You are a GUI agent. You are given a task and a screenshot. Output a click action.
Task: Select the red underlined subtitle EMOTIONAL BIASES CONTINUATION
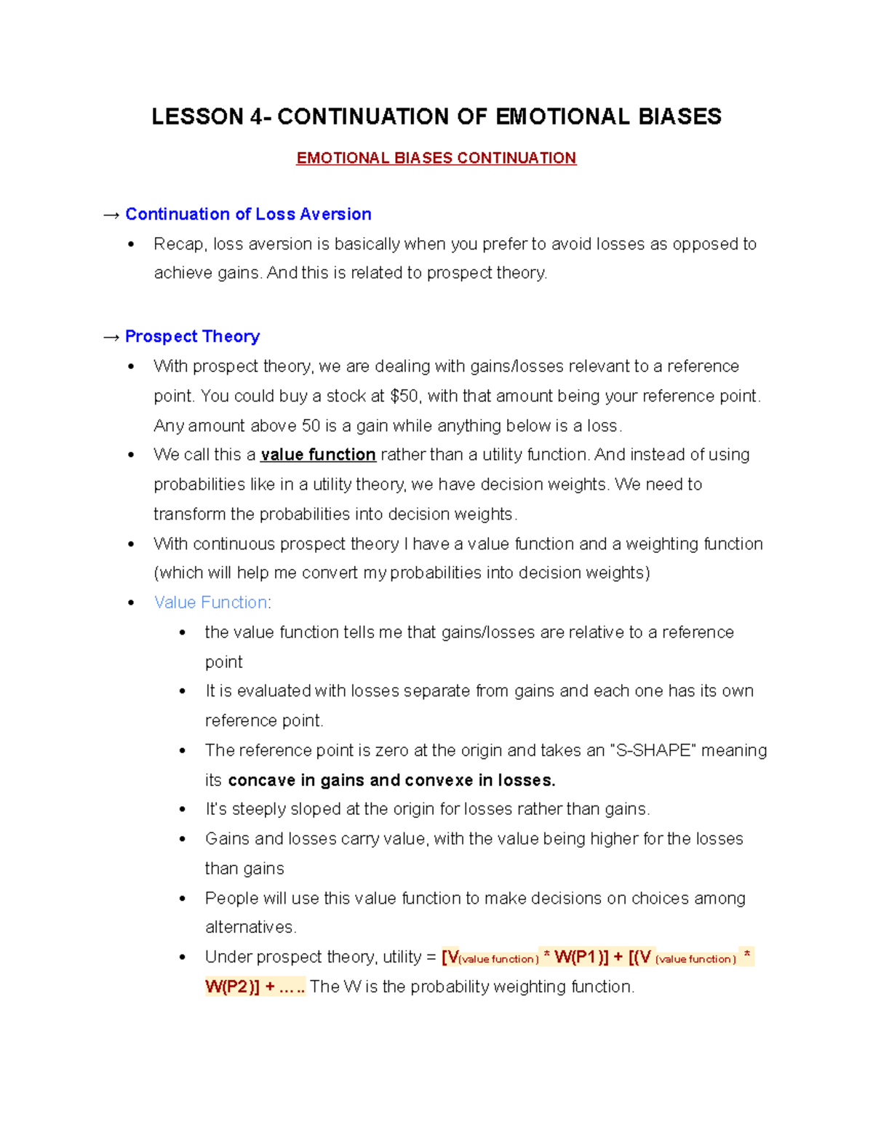tap(436, 159)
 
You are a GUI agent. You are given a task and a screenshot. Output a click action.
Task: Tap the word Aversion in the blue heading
tap(335, 214)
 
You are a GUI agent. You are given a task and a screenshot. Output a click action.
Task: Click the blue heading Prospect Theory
tap(192, 336)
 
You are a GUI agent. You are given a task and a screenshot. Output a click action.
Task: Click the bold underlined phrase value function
tap(318, 455)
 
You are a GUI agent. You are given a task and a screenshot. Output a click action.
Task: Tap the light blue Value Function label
tap(211, 602)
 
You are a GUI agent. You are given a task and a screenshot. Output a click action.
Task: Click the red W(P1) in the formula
tap(581, 958)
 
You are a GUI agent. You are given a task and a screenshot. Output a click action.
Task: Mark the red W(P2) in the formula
tap(231, 987)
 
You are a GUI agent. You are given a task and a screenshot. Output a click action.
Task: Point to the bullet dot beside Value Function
tap(131, 603)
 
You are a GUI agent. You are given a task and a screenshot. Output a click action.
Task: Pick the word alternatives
tap(250, 928)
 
